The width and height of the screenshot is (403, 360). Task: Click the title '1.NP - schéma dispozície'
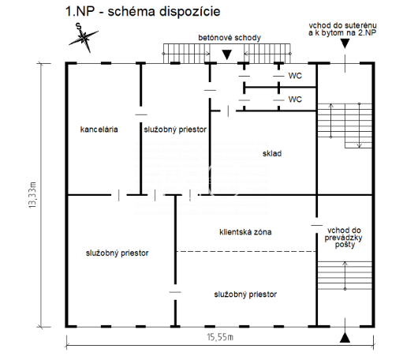[143, 12]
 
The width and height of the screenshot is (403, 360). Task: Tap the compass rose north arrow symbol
[84, 38]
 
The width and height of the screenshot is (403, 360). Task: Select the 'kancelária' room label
[99, 129]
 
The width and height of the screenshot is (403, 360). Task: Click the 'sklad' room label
[272, 153]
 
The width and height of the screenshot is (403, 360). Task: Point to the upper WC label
[295, 76]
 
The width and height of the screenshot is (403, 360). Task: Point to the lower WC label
[295, 99]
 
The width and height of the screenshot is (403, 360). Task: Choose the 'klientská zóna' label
[245, 232]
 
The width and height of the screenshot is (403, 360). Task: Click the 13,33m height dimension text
[32, 195]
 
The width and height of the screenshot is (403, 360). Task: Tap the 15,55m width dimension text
[220, 337]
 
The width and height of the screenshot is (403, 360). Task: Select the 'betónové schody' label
[229, 38]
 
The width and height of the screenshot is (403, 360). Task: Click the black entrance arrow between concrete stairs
[226, 54]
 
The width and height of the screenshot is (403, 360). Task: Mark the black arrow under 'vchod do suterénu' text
[345, 43]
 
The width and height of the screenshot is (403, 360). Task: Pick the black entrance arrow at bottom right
[345, 338]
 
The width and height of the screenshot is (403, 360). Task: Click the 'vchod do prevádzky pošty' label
[343, 238]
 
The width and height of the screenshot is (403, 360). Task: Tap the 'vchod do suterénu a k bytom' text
[342, 29]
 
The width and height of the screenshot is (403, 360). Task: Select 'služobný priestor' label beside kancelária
[175, 129]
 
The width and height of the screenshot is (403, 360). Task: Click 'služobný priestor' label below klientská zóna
[245, 294]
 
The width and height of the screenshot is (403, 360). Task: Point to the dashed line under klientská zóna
[246, 251]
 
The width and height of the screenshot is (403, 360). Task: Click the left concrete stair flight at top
[187, 54]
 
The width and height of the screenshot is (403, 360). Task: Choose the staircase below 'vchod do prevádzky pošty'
[345, 276]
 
